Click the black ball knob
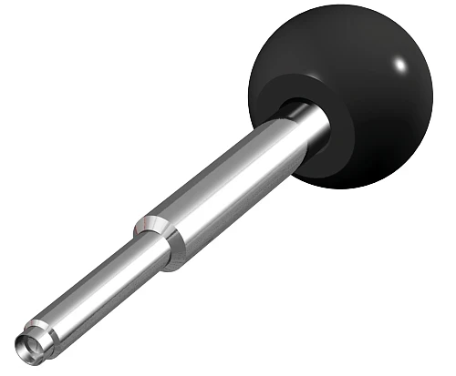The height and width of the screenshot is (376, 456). point(365,82)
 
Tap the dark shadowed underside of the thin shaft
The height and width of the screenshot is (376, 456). point(109,296)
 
